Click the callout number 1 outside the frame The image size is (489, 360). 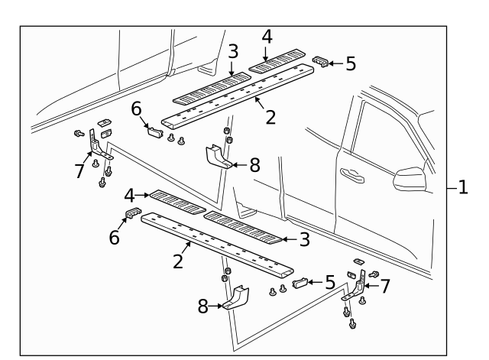[x=464, y=186]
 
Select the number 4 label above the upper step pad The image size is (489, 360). [x=266, y=36]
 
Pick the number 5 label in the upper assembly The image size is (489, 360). [x=350, y=63]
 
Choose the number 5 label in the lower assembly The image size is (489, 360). [x=329, y=282]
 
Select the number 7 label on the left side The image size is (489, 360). [x=79, y=170]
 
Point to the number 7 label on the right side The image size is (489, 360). [x=386, y=286]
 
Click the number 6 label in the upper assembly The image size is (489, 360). [x=136, y=109]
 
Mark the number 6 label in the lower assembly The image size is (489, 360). [x=115, y=238]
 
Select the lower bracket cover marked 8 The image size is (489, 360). [x=238, y=299]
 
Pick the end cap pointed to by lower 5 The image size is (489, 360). [x=300, y=284]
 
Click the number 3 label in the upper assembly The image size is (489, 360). [x=233, y=51]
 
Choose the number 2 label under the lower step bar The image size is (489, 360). [x=178, y=261]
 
